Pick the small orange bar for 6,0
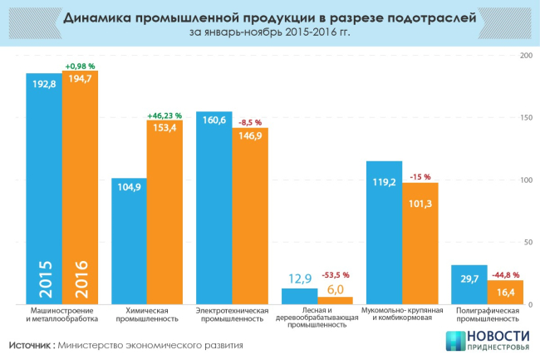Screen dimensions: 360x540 335,300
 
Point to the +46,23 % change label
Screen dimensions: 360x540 165,115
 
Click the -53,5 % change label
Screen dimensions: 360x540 336,274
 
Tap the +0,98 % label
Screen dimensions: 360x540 80,66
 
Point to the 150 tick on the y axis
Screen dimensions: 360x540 526,118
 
